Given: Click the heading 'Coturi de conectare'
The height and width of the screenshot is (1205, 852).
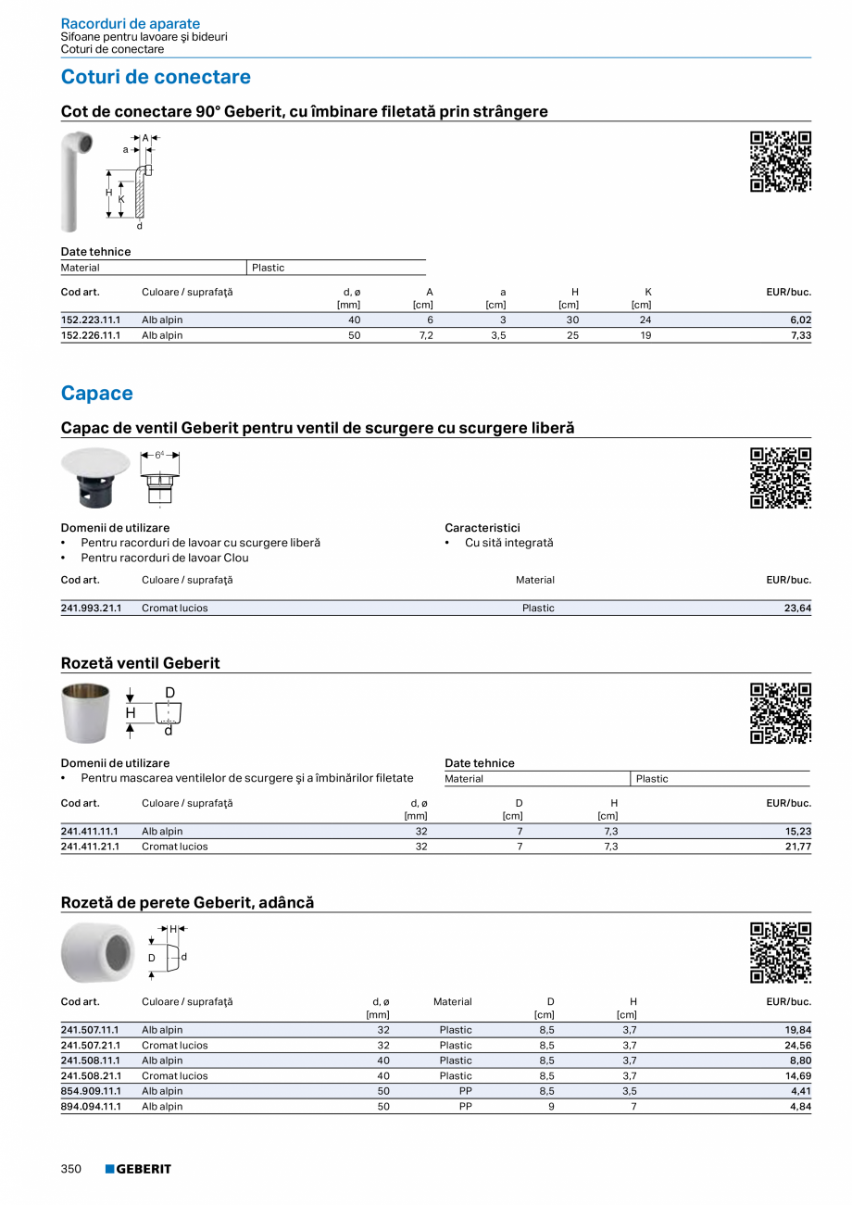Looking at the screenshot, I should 156,77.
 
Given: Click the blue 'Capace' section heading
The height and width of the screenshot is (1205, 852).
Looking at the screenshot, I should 96,394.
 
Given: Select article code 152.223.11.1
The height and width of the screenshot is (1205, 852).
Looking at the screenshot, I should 91,320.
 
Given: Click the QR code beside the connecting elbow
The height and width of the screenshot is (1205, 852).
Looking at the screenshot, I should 780,161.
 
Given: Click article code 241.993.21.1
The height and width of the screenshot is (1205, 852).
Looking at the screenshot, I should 91,609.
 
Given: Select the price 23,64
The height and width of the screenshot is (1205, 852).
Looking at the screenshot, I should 797,609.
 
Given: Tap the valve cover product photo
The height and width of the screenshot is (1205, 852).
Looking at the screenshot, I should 95,477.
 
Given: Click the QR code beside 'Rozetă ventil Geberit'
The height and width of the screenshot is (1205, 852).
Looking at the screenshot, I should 780,713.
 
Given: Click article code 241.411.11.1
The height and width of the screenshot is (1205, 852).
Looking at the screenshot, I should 90,832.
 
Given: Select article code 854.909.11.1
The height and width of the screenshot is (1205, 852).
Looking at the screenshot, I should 90,1091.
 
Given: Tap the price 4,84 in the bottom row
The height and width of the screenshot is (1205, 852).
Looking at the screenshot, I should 800,1107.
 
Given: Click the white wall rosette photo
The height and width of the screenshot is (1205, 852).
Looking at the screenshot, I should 97,952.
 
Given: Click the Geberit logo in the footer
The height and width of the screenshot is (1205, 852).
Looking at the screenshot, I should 138,1169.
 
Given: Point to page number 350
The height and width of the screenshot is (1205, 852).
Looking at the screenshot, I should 71,1169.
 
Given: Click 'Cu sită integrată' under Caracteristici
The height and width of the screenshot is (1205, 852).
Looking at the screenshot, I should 508,543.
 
